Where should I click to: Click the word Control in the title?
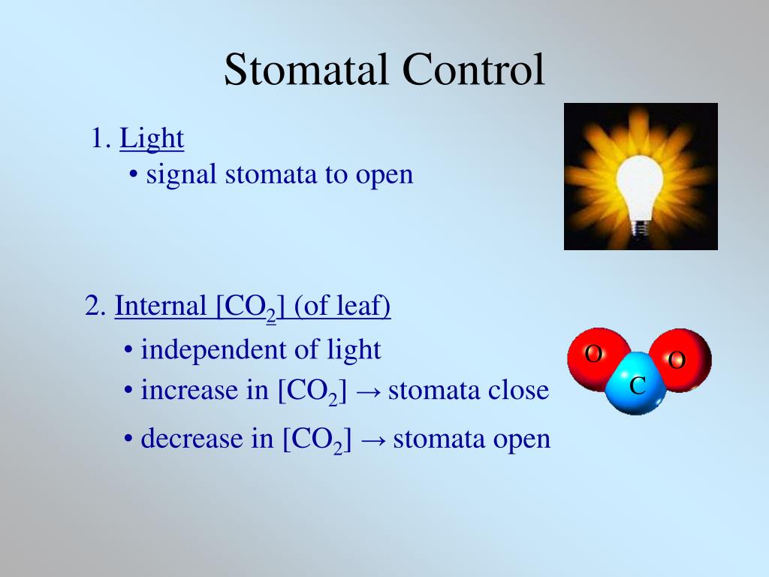tap(473, 70)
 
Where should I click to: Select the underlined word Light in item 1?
tap(152, 138)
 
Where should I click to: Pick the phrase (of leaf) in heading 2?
tap(342, 307)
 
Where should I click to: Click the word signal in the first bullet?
tap(182, 175)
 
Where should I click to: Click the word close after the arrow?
tap(519, 391)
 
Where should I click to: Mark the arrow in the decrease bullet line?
tap(372, 440)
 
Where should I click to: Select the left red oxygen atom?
tap(596, 356)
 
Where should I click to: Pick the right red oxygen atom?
tap(681, 359)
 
